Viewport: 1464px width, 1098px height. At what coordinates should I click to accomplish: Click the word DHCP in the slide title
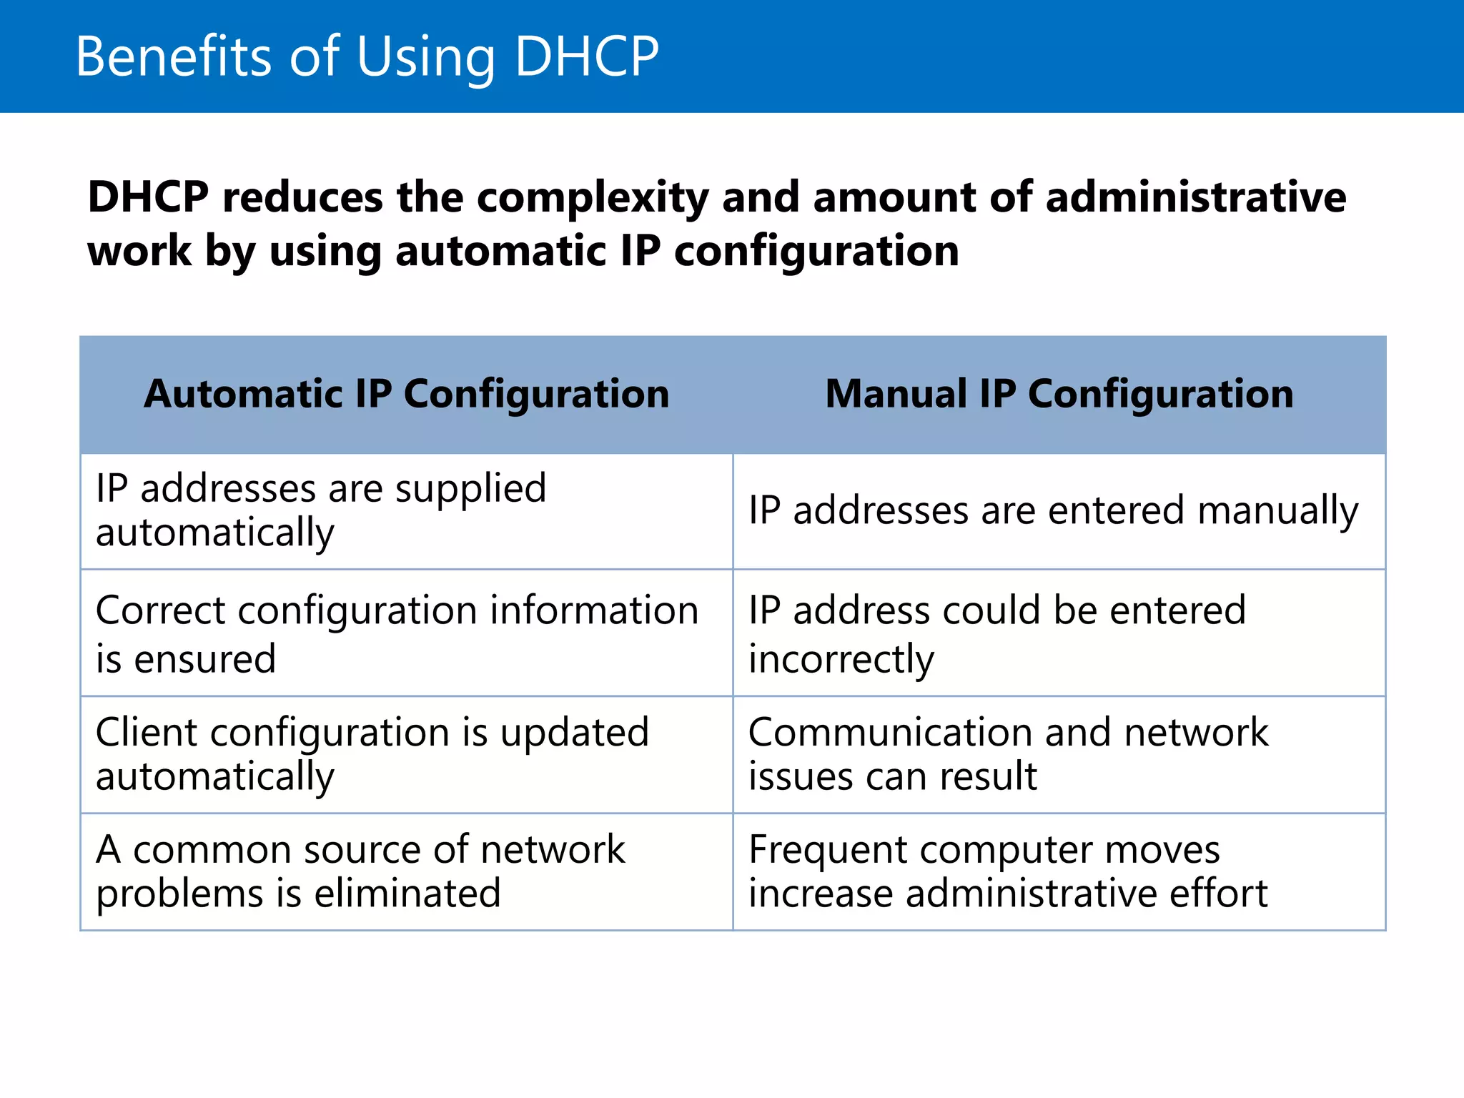coord(586,56)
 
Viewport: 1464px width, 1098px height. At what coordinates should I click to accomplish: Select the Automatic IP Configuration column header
coord(406,394)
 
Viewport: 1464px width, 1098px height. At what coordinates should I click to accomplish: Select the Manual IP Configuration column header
coord(1059,394)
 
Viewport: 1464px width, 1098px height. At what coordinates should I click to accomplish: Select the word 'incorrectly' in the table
coord(841,659)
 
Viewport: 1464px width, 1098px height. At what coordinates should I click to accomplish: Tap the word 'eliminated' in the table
coord(407,894)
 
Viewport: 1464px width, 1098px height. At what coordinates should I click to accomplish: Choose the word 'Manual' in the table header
coord(896,394)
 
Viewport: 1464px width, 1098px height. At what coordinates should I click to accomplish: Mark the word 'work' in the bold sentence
coord(139,252)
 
